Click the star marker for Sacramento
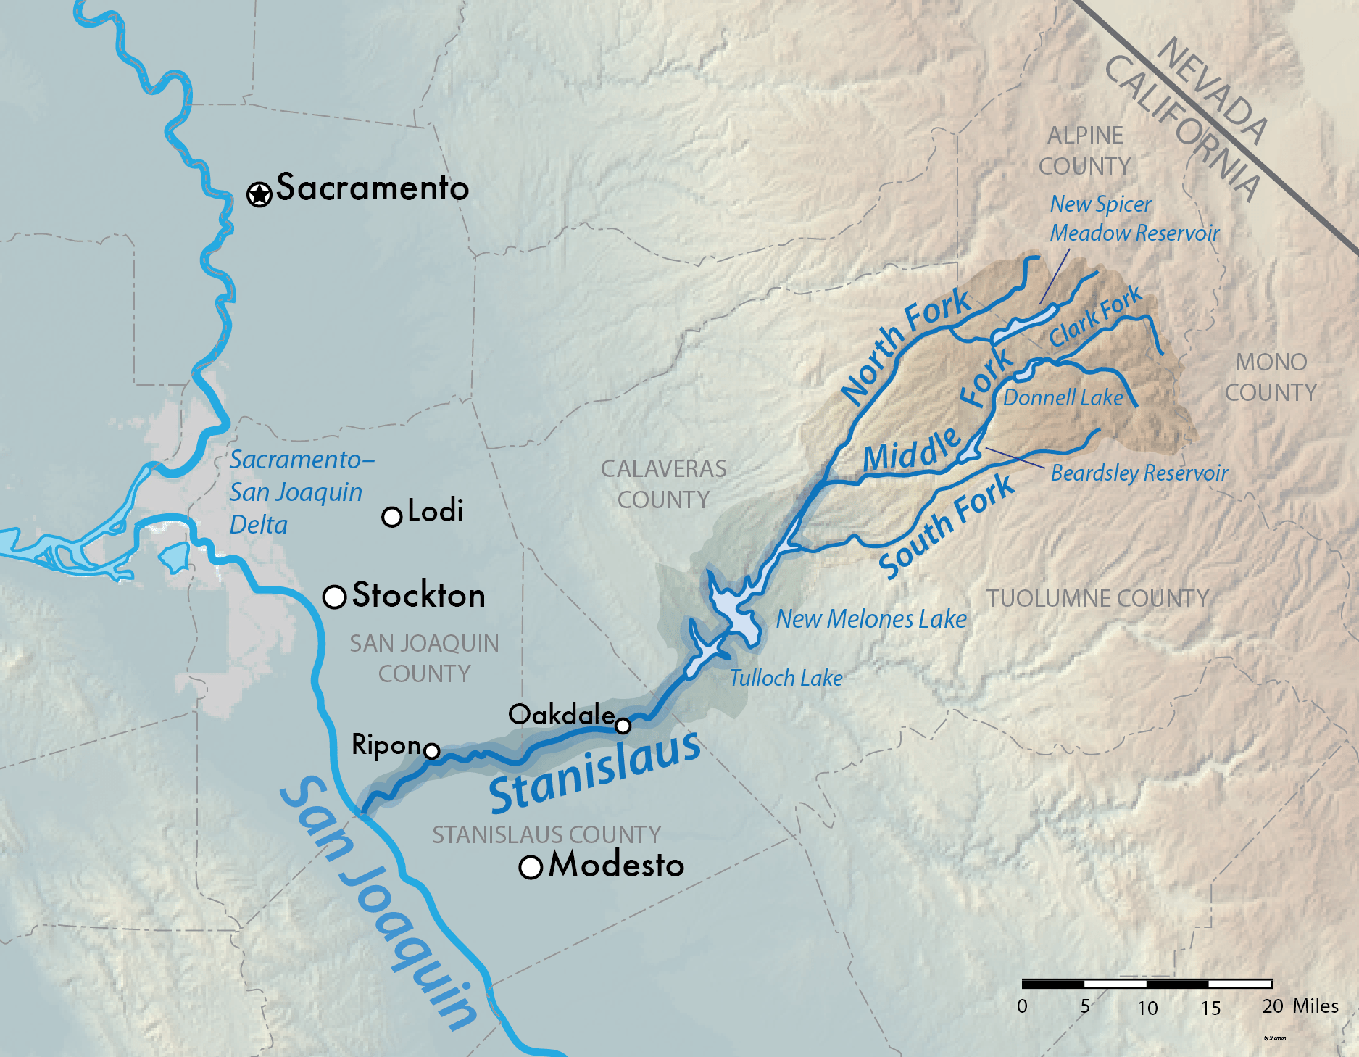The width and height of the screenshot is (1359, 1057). click(259, 194)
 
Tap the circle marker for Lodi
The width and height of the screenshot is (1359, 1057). click(391, 517)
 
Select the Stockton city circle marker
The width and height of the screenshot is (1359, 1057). click(334, 597)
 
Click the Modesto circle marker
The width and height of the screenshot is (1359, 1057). click(531, 867)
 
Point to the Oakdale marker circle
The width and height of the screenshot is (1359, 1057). click(623, 725)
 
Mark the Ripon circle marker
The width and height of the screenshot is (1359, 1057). click(431, 750)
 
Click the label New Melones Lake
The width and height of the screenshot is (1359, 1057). click(871, 619)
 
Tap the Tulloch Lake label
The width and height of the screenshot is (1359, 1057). click(786, 679)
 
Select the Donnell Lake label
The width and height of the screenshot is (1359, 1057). click(1063, 398)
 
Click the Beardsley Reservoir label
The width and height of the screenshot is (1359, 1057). click(1139, 473)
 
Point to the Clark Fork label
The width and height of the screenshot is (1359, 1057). click(1095, 318)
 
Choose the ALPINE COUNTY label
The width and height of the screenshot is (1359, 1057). click(1085, 151)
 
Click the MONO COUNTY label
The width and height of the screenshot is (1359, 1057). click(1271, 377)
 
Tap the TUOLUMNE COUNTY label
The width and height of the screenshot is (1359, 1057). click(1097, 599)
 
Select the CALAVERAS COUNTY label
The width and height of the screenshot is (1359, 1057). click(663, 484)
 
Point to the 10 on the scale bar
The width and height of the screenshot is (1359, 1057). click(1147, 1008)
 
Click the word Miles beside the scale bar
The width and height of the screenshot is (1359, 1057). click(1316, 1006)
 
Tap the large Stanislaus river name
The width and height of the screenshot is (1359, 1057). click(594, 773)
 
